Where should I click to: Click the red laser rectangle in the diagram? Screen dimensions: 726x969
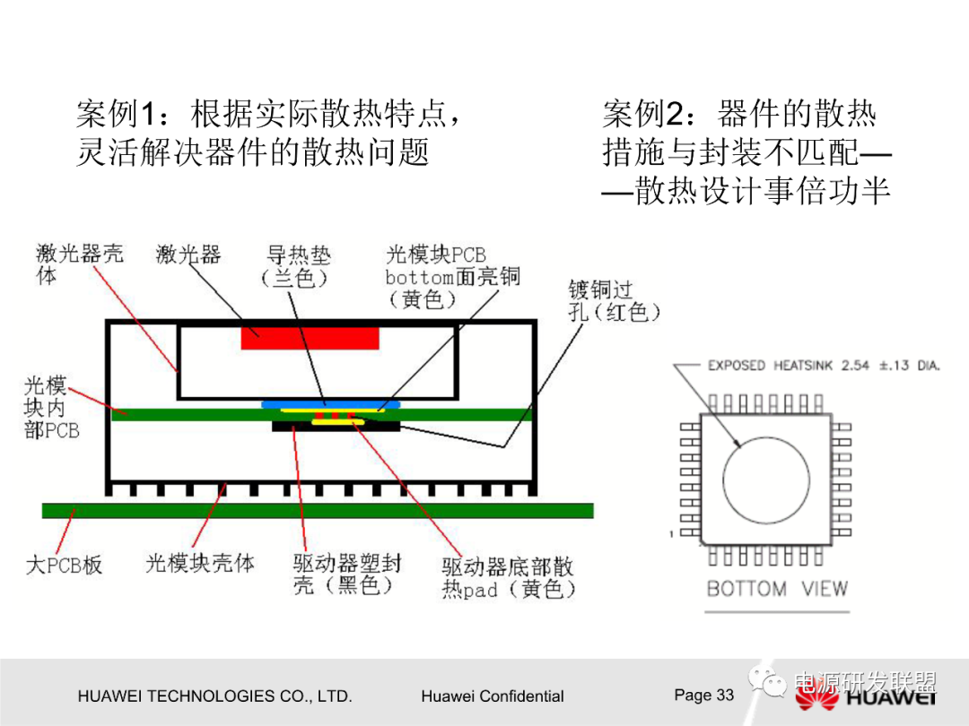(x=310, y=338)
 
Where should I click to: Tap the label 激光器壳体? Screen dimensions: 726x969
(x=79, y=264)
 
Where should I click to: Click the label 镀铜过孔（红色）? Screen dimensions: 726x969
(x=614, y=300)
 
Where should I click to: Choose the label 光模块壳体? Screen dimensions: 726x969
(x=199, y=563)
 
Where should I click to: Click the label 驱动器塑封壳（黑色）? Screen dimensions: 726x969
(x=346, y=575)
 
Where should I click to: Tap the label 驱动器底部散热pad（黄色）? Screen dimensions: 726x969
(x=507, y=578)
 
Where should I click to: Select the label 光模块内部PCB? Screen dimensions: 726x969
(x=51, y=409)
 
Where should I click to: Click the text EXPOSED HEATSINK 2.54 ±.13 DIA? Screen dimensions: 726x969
(x=823, y=366)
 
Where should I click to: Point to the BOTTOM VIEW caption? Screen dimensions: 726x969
(x=776, y=589)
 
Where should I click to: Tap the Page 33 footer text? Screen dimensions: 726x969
(x=703, y=695)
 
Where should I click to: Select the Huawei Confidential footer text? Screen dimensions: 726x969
(x=492, y=696)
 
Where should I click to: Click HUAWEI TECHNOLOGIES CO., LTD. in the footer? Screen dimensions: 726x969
(x=214, y=696)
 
